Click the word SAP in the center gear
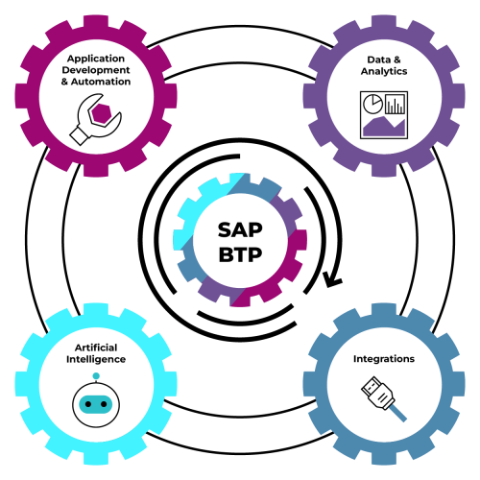click(240, 229)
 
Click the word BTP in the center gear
click(240, 254)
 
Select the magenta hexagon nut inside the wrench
click(101, 113)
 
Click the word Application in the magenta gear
click(96, 59)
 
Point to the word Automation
click(101, 82)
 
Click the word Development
click(96, 70)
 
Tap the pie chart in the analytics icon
click(372, 104)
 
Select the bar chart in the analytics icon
click(396, 105)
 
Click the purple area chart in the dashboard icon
click(384, 126)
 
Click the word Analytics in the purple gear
click(384, 71)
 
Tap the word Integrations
click(384, 359)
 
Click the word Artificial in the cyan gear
click(96, 348)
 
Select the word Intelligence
click(96, 359)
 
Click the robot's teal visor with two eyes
click(96, 404)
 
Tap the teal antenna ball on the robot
click(96, 376)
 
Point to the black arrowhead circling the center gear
click(332, 279)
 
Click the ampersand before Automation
click(64, 82)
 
